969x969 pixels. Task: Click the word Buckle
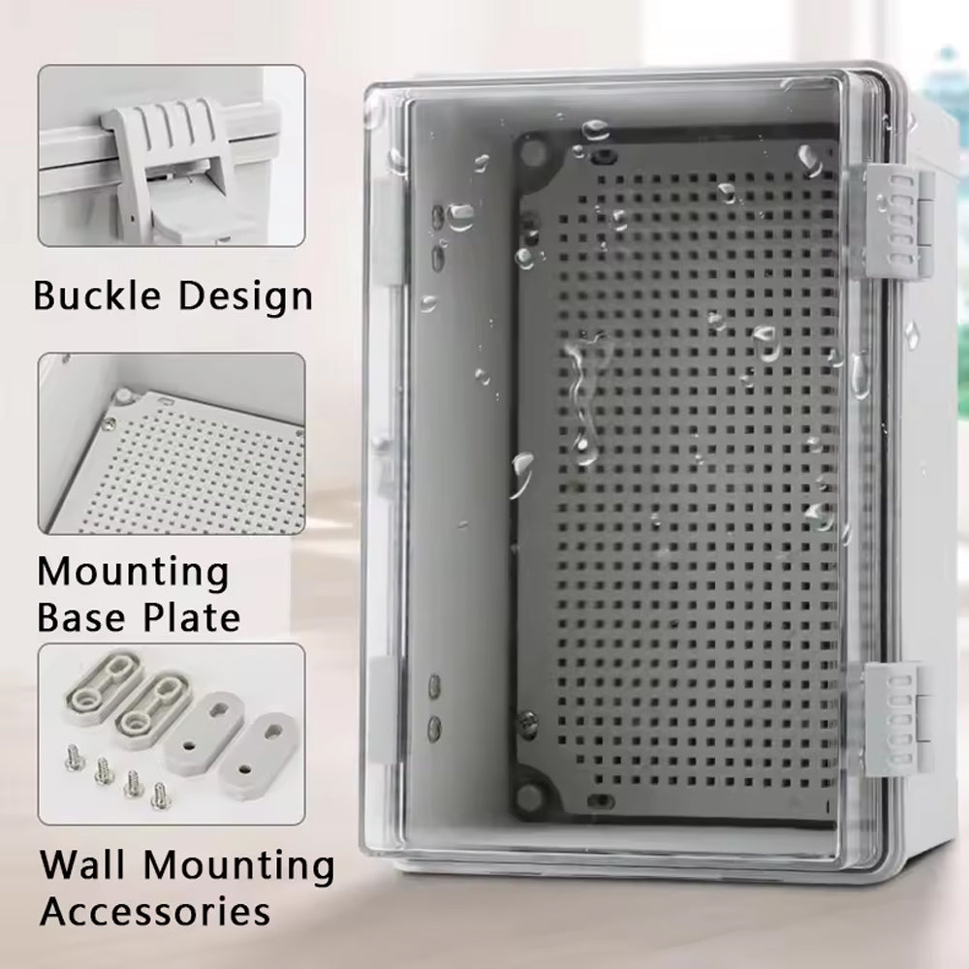pos(97,295)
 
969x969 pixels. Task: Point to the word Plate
pos(192,615)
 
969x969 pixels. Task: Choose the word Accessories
pos(155,910)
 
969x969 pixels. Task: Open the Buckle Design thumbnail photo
pos(172,156)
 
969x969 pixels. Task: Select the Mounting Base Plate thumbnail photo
pos(172,443)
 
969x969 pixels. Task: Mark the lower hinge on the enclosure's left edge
pos(386,709)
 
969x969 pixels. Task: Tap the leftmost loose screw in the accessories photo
pos(73,758)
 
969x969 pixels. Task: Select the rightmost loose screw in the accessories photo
pos(160,793)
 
